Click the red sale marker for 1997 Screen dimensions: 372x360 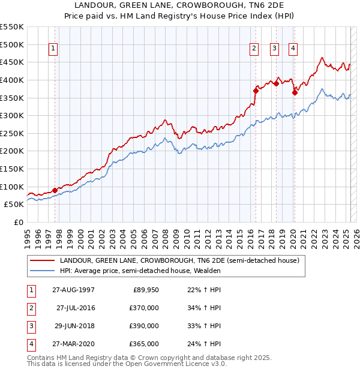pyautogui.click(x=55, y=190)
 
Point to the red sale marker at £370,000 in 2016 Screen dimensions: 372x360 pyautogui.click(x=256, y=91)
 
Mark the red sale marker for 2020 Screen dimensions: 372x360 pyautogui.click(x=295, y=92)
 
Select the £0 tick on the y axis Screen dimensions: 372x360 pyautogui.click(x=19, y=222)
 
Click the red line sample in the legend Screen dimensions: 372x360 pyautogui.click(x=42, y=260)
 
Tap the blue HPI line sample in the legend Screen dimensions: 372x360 pyautogui.click(x=42, y=271)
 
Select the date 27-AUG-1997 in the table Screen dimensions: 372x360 pyautogui.click(x=73, y=290)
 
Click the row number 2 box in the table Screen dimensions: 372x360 pyautogui.click(x=31, y=308)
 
